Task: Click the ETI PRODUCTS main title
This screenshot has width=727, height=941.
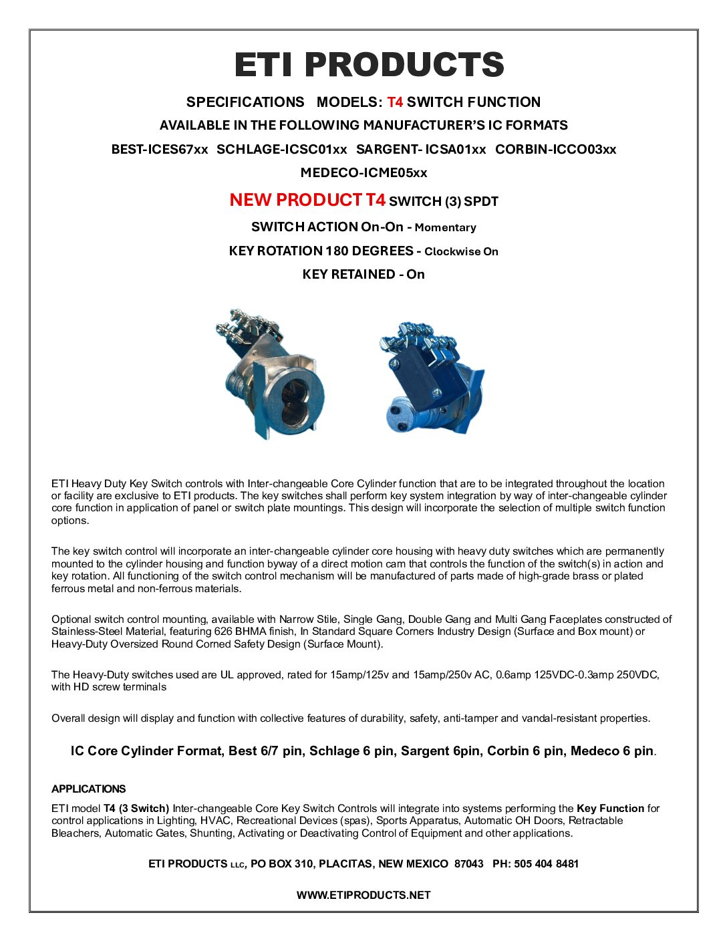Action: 369,65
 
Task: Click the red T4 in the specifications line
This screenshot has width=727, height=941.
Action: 395,102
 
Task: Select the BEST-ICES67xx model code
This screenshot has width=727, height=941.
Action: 160,150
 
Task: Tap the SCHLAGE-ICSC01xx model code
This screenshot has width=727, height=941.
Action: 282,150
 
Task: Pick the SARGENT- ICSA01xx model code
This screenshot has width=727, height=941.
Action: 421,150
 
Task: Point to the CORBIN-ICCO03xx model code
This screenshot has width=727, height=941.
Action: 555,150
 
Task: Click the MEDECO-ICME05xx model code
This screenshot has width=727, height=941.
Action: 363,173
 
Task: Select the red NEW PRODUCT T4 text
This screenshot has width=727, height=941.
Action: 307,200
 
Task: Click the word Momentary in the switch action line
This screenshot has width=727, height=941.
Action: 445,228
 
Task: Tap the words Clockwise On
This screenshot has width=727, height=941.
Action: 461,252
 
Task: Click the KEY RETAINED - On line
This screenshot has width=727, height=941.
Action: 363,275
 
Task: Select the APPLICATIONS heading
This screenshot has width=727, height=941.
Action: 88,789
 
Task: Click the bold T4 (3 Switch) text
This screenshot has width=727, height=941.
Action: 136,809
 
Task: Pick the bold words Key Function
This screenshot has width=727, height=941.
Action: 610,809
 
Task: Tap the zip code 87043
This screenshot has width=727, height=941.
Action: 468,864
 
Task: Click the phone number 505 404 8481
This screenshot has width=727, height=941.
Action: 546,864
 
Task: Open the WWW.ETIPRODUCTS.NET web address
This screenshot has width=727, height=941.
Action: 363,896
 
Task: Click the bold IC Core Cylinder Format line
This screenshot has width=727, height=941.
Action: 362,751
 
